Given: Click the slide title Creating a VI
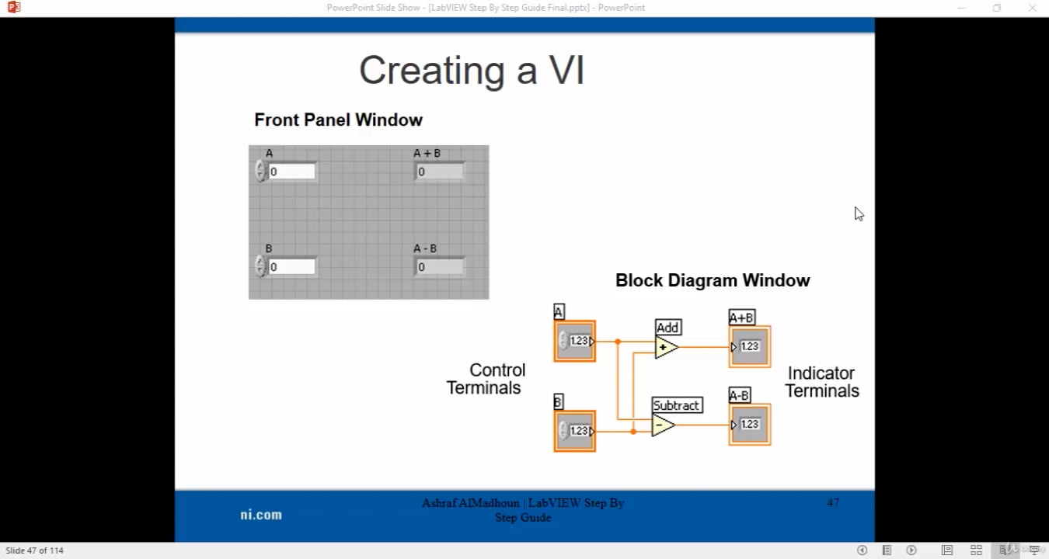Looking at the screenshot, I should (x=471, y=71).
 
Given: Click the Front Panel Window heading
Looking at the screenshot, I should (x=338, y=120).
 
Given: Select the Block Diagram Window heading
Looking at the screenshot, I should (x=712, y=281).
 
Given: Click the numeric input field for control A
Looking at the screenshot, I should (x=291, y=172).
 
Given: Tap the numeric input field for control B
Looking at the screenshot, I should (x=291, y=267).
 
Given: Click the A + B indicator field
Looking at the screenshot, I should (x=439, y=172).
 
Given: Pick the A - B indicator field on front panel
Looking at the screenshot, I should (x=439, y=267).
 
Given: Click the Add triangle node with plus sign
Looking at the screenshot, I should (x=665, y=347).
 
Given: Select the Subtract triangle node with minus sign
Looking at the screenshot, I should (x=662, y=425).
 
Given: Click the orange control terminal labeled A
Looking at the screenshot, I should (x=575, y=341).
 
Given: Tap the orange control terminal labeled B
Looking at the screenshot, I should (x=575, y=431).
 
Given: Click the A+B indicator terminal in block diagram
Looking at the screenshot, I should (x=750, y=346).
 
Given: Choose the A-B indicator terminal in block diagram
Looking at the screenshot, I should (x=750, y=424).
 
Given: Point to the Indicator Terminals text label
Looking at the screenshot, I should (x=821, y=382).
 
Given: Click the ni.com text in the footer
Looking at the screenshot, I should (x=261, y=515).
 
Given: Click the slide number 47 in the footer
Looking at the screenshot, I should (x=833, y=503).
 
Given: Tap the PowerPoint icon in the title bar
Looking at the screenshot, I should (x=12, y=8).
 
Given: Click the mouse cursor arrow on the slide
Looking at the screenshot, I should (x=858, y=213).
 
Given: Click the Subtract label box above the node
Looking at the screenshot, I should (x=676, y=405).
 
